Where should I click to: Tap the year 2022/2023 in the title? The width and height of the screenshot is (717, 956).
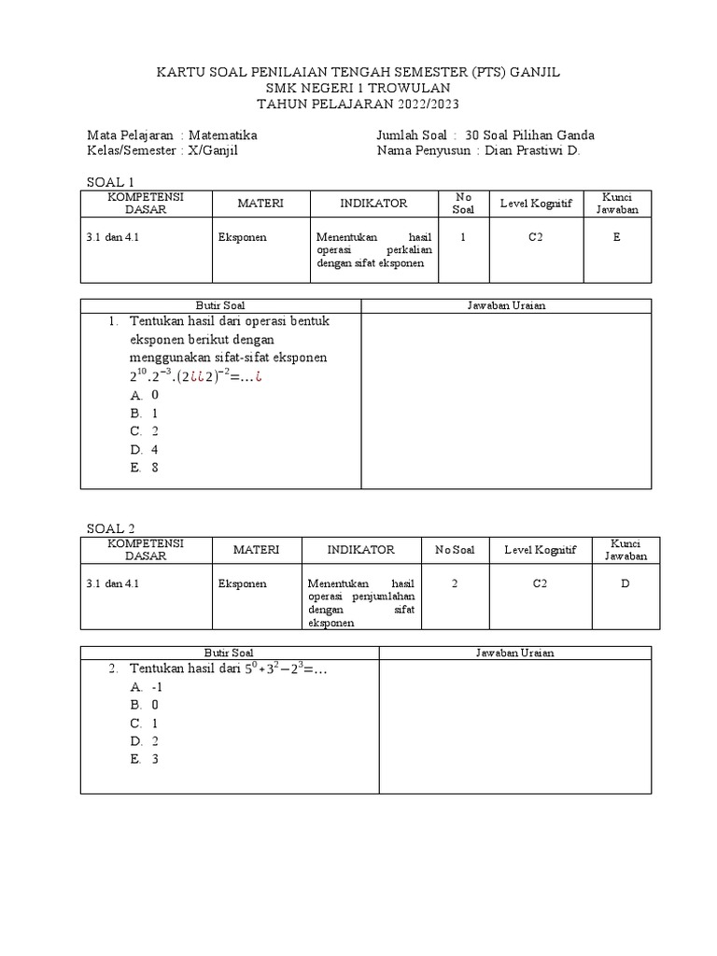coord(419,103)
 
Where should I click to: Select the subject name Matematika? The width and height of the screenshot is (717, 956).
coord(223,135)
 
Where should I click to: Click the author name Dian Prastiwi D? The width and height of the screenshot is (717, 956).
coord(533,150)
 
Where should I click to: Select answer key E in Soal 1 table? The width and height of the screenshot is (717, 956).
coord(616,237)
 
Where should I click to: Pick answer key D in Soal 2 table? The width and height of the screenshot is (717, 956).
coord(625,583)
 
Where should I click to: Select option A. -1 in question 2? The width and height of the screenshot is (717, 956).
coord(148,686)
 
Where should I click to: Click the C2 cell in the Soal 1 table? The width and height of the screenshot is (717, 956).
coord(535,237)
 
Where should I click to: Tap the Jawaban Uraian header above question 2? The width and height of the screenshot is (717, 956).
coord(514,653)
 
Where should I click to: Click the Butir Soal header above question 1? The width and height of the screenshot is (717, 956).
coord(220,305)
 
